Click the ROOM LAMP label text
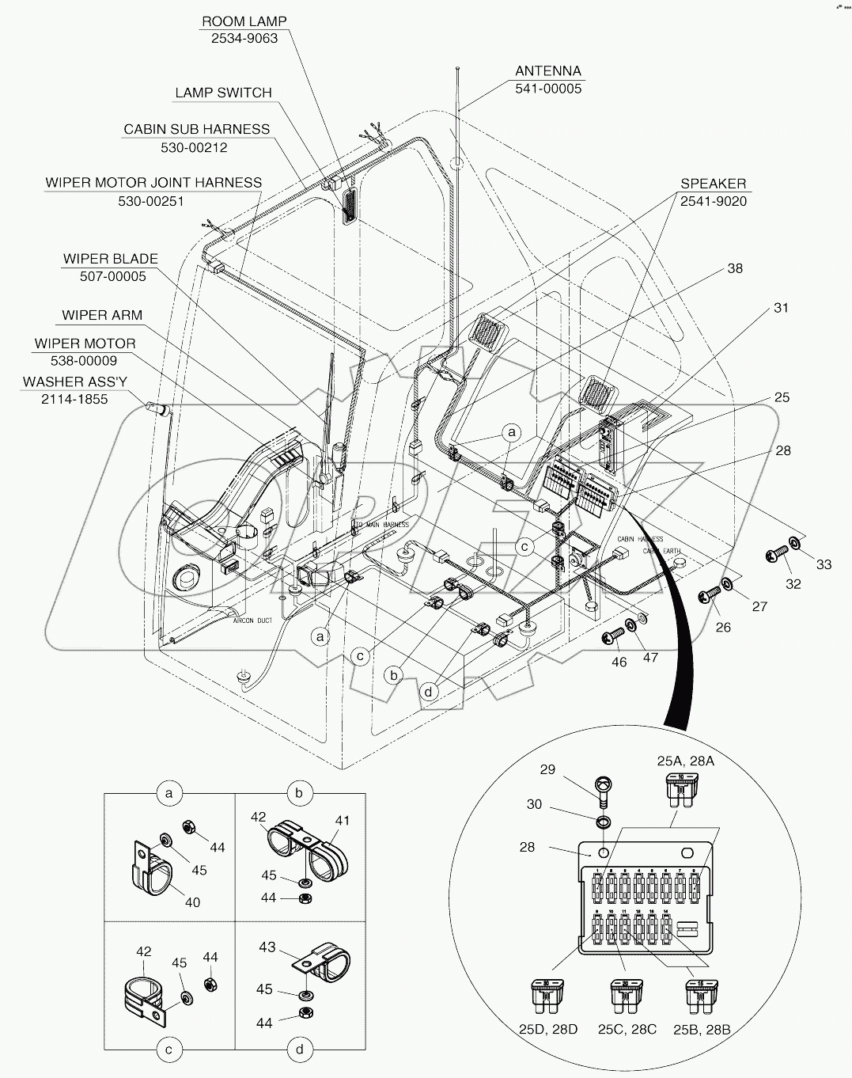(x=244, y=21)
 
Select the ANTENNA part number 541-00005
(x=548, y=89)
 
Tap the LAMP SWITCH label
(x=223, y=93)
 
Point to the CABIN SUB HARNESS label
(x=196, y=129)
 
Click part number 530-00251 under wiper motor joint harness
(x=151, y=201)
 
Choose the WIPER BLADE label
(x=111, y=259)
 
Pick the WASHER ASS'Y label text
(x=74, y=381)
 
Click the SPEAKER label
(x=713, y=184)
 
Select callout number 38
(x=735, y=268)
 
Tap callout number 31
(x=781, y=308)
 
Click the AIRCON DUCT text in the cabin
(x=252, y=621)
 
